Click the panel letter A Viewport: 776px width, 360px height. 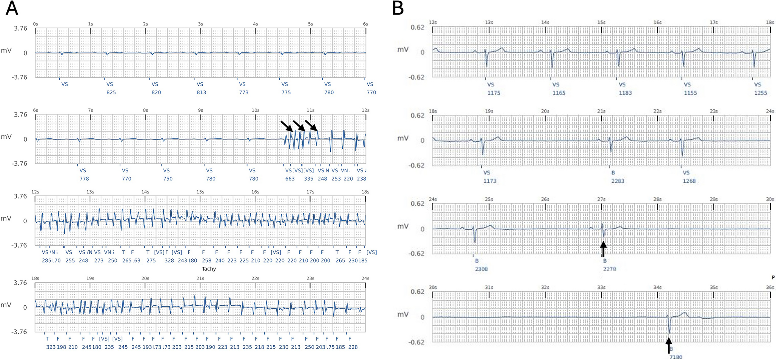12,8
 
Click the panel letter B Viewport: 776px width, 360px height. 399,8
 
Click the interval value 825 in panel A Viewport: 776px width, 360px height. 111,92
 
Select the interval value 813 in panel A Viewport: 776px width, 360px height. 201,92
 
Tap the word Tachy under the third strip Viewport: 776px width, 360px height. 209,269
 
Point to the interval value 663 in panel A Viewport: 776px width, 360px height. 290,179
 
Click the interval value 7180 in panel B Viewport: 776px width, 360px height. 676,357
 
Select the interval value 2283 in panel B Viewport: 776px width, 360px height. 618,181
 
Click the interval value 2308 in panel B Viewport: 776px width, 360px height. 481,269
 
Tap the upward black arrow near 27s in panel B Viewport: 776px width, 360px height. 603,249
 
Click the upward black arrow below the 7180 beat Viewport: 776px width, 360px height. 669,345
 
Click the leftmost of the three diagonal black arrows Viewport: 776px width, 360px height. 286,126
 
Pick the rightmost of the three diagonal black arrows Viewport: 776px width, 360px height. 311,126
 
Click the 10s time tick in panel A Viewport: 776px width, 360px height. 256,110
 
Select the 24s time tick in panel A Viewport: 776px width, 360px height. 365,278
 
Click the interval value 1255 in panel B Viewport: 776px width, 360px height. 761,93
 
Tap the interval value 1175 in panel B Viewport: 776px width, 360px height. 494,93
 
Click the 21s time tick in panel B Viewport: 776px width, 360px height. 601,111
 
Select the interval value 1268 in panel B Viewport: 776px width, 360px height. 689,181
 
